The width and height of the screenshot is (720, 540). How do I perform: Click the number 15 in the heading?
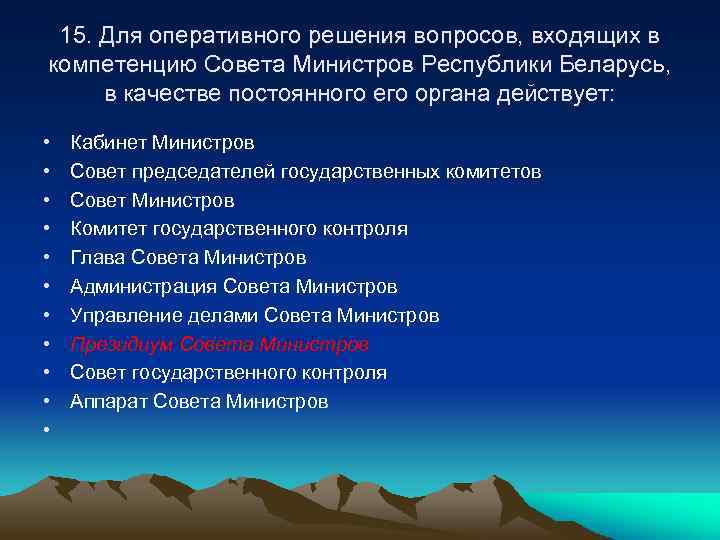pyautogui.click(x=73, y=36)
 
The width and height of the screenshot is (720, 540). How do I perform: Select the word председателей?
pyautogui.click(x=197, y=172)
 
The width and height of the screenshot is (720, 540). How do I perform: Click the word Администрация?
pyautogui.click(x=143, y=287)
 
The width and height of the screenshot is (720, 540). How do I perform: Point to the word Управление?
pyautogui.click(x=120, y=316)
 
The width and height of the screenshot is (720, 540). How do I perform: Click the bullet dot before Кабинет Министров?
pyautogui.click(x=46, y=144)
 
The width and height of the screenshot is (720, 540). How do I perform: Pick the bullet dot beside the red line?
pyautogui.click(x=46, y=345)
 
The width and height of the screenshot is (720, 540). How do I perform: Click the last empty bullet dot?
pyautogui.click(x=46, y=431)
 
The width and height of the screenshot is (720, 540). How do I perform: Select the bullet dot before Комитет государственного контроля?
pyautogui.click(x=46, y=230)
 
